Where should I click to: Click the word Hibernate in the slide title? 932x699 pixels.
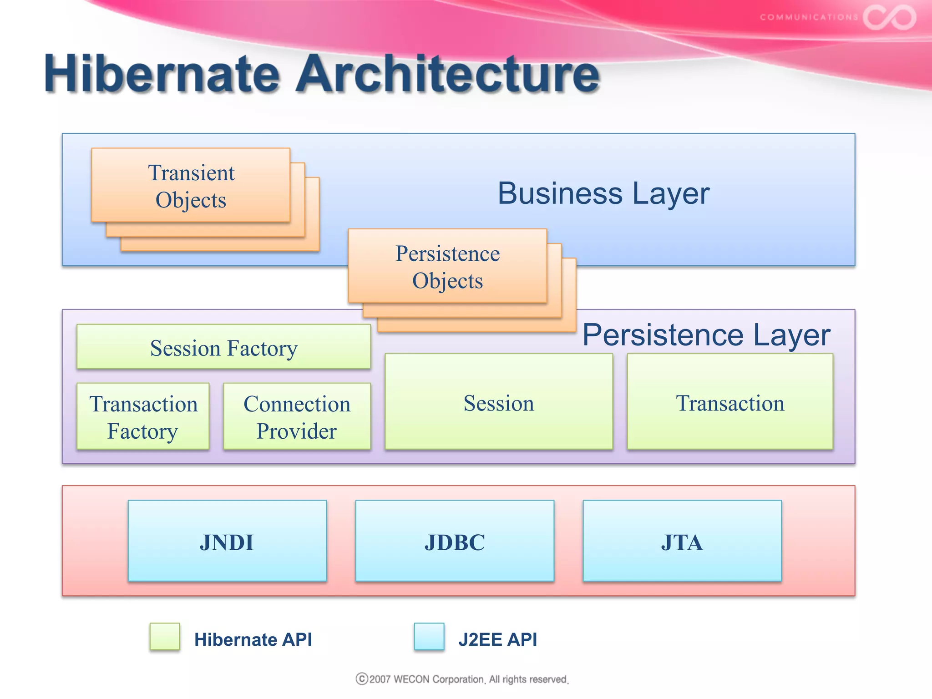162,74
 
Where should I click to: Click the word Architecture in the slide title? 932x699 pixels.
448,74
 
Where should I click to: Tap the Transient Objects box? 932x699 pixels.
191,186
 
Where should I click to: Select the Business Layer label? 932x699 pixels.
603,193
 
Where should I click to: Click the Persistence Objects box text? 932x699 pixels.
447,267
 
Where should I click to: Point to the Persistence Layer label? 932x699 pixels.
706,335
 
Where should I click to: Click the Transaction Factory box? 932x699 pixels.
143,417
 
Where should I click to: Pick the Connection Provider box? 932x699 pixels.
297,417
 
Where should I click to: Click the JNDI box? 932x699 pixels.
227,542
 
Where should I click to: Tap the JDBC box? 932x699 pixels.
455,542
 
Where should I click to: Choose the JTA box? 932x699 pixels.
682,542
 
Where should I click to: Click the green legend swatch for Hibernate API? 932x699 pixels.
165,637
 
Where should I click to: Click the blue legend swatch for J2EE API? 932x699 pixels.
429,637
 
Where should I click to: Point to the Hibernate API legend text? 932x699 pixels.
253,639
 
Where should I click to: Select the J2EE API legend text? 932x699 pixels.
497,639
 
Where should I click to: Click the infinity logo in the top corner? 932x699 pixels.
889,17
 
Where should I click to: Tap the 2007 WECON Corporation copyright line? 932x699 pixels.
462,679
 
